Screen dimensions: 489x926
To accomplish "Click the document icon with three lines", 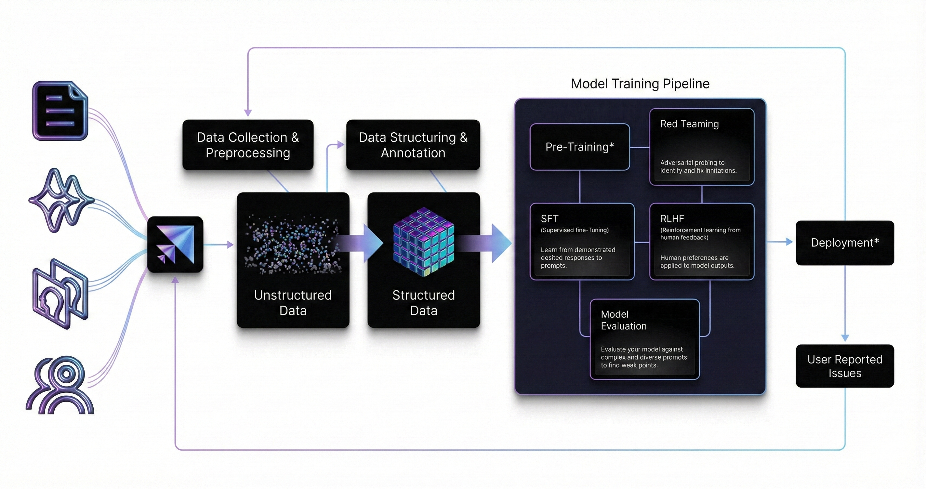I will pos(60,111).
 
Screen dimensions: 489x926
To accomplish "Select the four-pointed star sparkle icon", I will pos(61,200).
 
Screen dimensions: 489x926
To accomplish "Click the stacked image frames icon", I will pos(60,294).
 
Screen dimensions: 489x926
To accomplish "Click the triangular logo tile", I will pos(175,244).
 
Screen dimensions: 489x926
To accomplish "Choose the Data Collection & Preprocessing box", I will pos(248,145).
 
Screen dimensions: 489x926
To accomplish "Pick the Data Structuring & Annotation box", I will pos(413,145).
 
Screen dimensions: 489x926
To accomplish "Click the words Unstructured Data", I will pos(293,303).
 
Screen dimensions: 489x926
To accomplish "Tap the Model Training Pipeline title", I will pos(640,84).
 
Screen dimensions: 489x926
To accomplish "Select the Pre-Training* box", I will pos(579,147).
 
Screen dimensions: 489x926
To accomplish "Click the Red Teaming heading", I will pos(690,124).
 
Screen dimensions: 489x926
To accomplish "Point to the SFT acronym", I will pos(549,218).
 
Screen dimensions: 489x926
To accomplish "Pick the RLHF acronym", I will pos(672,218).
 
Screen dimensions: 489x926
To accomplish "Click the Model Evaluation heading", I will pos(624,320).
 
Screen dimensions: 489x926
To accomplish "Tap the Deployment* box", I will pos(845,243).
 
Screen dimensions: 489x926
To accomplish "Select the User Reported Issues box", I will pos(845,366).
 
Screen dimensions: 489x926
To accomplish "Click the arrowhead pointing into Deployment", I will pos(789,242).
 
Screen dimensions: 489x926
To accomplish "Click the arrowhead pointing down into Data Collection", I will pos(248,112).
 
